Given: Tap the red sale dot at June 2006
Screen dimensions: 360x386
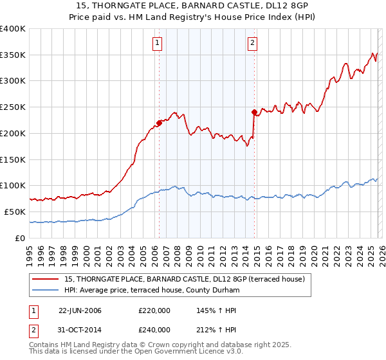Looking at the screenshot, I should (159, 122).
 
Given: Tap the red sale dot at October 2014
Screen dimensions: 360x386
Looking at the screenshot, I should (255, 112).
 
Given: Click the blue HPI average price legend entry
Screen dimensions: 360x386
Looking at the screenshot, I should (151, 290).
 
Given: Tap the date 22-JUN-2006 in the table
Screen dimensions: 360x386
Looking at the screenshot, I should (80, 310).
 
